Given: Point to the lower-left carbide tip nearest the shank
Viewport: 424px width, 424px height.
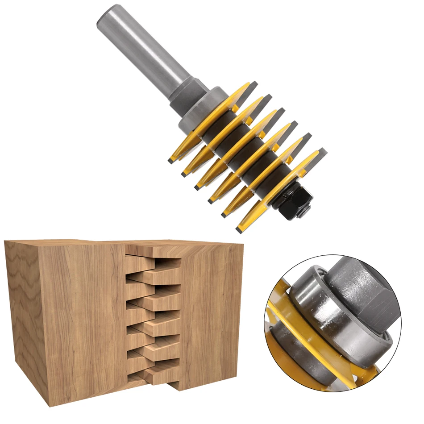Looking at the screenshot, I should [x=172, y=158].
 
